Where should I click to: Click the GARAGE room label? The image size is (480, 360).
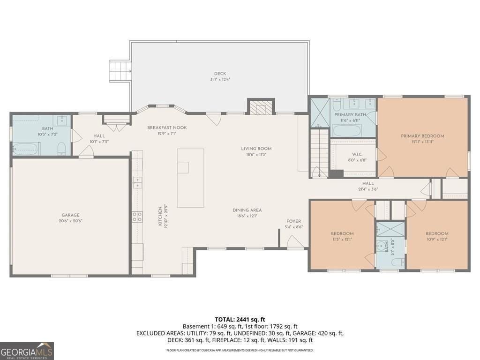(x=69, y=215)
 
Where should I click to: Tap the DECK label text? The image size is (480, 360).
(x=220, y=74)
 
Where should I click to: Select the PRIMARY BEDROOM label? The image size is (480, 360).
(x=422, y=136)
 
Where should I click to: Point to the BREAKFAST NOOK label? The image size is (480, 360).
(x=166, y=127)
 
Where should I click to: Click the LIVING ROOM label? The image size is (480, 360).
(x=256, y=149)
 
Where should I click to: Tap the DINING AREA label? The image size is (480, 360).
(x=247, y=210)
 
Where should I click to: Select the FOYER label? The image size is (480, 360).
(x=293, y=221)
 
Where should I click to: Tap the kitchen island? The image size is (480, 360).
(x=190, y=178)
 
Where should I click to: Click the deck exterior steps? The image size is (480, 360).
(x=119, y=71)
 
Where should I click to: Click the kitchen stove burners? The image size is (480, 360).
(x=137, y=216)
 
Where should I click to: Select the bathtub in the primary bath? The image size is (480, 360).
(x=346, y=130)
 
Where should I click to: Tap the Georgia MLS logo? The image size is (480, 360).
(x=27, y=351)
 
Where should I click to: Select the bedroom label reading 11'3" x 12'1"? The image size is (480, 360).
(x=342, y=239)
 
